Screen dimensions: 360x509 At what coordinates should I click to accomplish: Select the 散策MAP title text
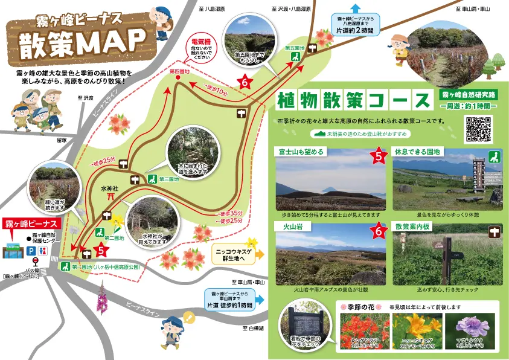coord(82,44)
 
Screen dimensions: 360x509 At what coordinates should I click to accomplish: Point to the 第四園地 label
coord(179,72)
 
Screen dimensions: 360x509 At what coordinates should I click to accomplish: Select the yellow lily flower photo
coord(416,330)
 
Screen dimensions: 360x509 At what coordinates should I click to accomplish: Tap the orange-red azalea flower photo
coord(363,330)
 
